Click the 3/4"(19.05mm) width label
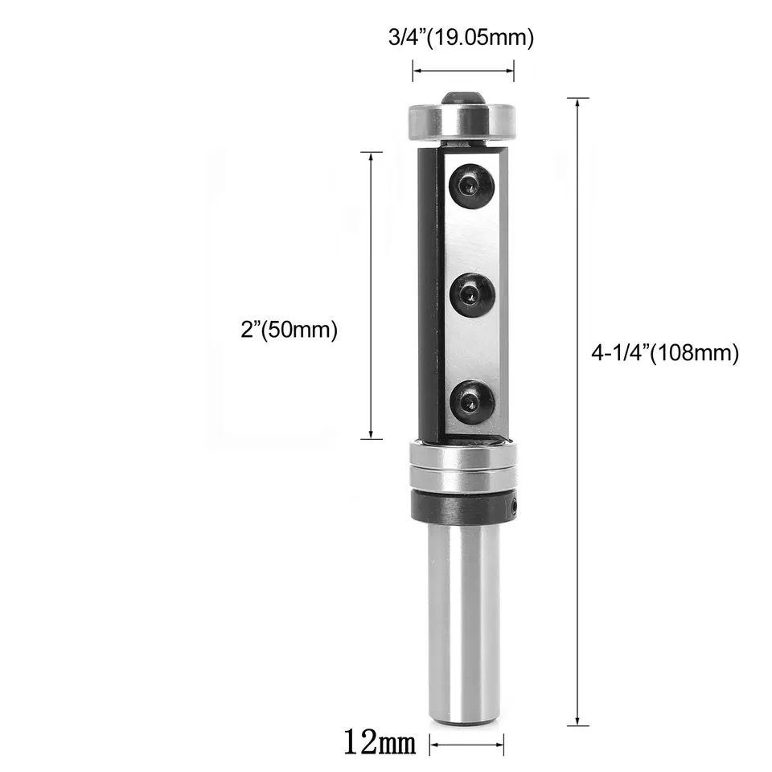[461, 38]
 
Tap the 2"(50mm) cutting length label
[289, 330]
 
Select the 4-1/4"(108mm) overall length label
[665, 353]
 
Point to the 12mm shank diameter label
[380, 742]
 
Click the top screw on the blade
[472, 186]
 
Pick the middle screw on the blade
[472, 295]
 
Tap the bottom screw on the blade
[472, 402]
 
